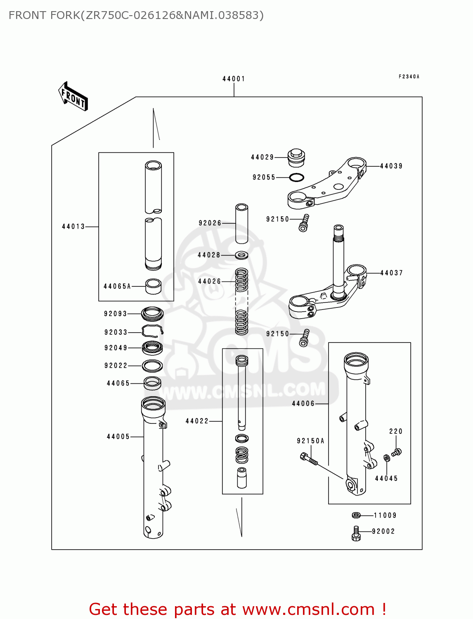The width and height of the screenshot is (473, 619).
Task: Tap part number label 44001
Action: [x=234, y=79]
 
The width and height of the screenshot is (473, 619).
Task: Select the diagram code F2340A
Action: [x=409, y=77]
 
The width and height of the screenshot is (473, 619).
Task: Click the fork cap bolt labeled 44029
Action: [x=296, y=158]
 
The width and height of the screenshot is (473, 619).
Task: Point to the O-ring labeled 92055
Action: [x=296, y=177]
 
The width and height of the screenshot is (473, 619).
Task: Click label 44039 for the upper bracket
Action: [x=391, y=166]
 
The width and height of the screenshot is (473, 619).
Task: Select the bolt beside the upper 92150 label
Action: [x=304, y=223]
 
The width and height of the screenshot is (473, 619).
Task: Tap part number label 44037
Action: [x=391, y=273]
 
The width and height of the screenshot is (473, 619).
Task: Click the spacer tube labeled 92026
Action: [x=241, y=223]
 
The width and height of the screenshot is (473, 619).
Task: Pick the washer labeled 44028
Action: [x=241, y=255]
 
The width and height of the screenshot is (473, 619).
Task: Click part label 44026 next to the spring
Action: [x=210, y=281]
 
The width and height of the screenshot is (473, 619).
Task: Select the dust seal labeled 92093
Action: [x=152, y=314]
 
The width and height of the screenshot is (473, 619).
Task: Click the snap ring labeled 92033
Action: [x=152, y=331]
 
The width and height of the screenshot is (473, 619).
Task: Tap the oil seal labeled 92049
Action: [x=152, y=348]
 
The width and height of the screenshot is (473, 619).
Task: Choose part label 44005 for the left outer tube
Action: [x=118, y=437]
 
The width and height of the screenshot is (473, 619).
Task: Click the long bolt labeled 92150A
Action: [x=308, y=459]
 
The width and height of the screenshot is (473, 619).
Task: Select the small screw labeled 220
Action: [x=397, y=452]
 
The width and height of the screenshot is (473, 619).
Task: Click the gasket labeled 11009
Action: [x=356, y=515]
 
